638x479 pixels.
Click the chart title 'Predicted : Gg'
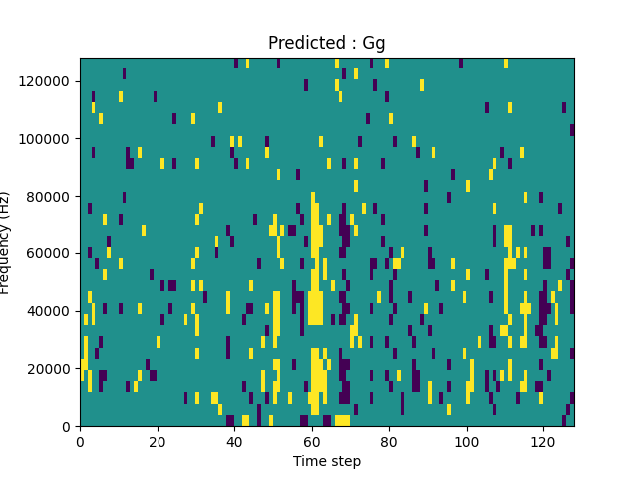tap(327, 43)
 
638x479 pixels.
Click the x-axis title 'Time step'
tap(327, 461)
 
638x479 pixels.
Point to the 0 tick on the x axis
tap(80, 442)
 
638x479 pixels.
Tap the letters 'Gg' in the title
tap(374, 44)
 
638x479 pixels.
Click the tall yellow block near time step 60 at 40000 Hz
tap(315, 308)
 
